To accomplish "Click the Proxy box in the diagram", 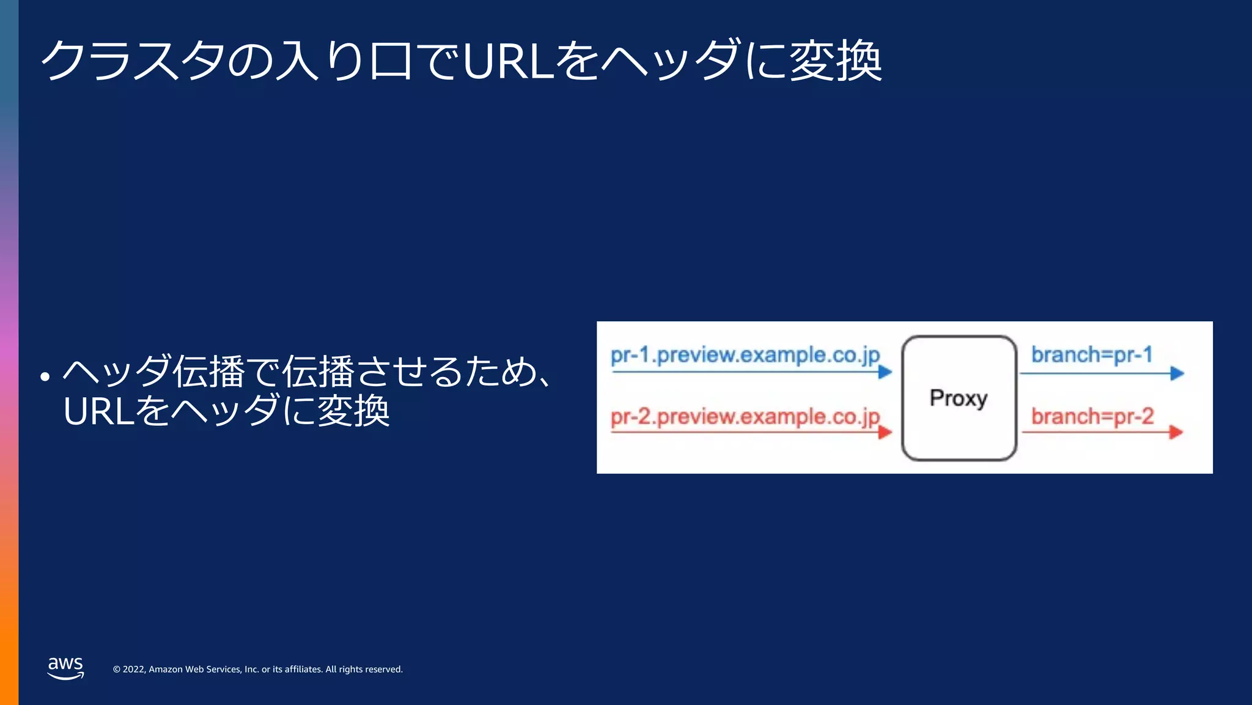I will [x=959, y=398].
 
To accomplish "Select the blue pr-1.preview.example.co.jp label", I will [x=745, y=355].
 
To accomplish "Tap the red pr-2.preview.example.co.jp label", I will [x=745, y=417].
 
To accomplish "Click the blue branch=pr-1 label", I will [x=1092, y=354].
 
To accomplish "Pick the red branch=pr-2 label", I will [x=1092, y=416].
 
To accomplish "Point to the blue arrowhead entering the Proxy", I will [x=885, y=371].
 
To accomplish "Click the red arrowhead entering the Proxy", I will [x=885, y=433].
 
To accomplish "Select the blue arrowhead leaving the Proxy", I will [x=1177, y=373].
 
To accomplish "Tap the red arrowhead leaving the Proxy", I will [x=1176, y=433].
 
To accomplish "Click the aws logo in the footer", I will [x=65, y=668].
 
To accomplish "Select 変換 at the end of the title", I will [x=836, y=61].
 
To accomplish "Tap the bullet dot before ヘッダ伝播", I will [x=45, y=376].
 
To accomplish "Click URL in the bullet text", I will [x=98, y=411].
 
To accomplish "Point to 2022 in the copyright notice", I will [x=134, y=670].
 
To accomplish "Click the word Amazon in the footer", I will [x=166, y=670].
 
